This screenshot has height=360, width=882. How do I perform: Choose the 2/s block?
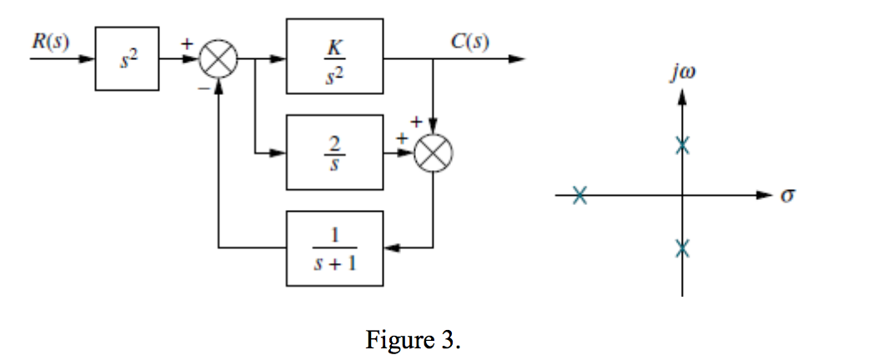pos(334,152)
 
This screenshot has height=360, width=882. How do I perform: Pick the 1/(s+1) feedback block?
pos(334,247)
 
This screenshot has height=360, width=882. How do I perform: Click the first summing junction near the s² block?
pos(218,60)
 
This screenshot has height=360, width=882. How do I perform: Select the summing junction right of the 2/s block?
pos(433,153)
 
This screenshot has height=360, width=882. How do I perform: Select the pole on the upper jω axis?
pos(682,146)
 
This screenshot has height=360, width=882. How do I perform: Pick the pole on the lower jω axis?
pos(682,247)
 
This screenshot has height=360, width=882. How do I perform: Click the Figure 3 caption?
pos(413,340)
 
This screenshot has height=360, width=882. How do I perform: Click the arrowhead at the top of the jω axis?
pos(682,98)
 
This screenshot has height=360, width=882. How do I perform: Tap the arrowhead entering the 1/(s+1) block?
pos(392,247)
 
